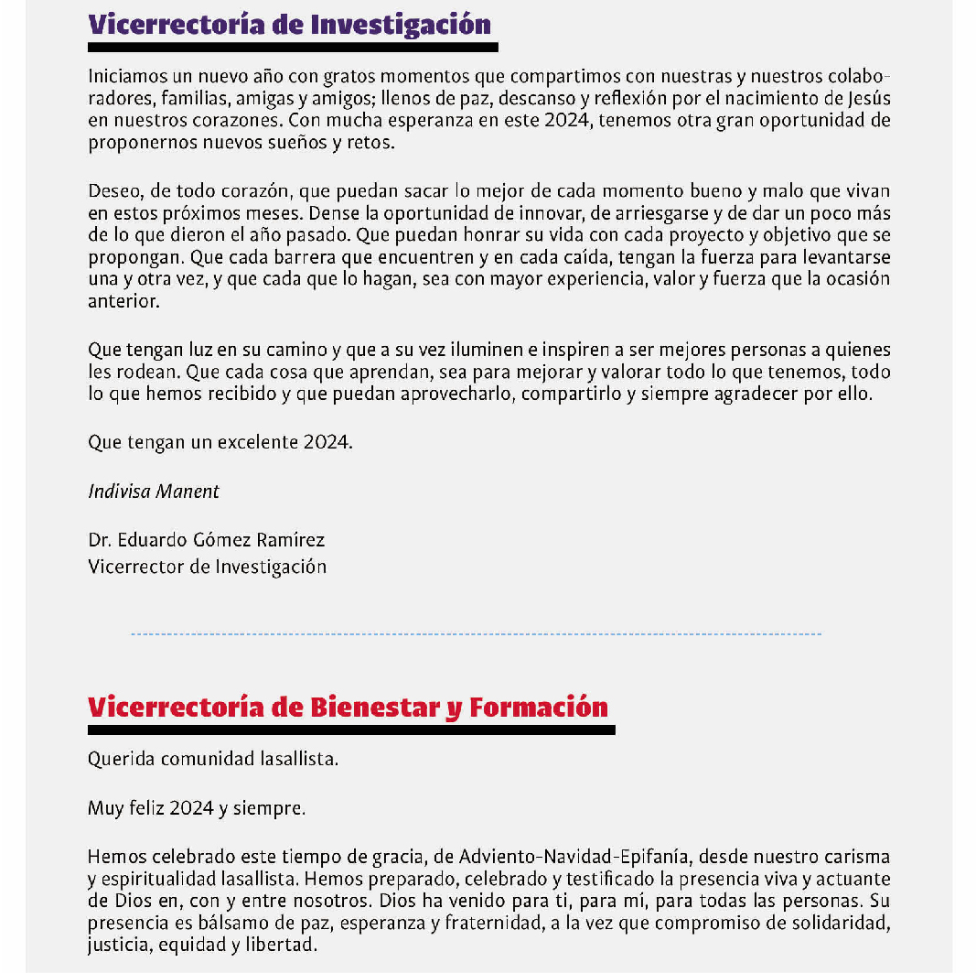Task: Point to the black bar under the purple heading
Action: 293,47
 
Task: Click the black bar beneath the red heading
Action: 351,730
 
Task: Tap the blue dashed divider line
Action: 476,633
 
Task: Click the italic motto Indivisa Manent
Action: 154,492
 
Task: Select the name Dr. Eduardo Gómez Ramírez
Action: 207,540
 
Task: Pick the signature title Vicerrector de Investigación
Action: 208,567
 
